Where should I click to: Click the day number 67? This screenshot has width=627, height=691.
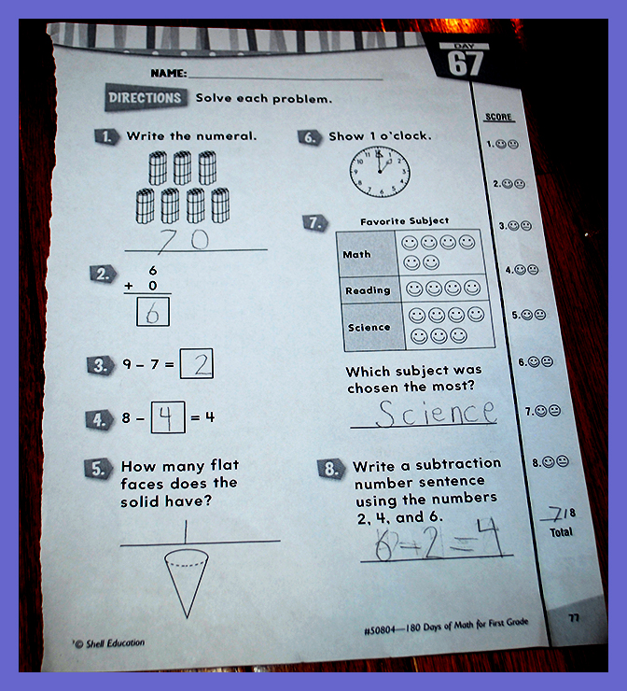coord(466,63)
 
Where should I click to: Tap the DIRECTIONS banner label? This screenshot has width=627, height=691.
coord(146,97)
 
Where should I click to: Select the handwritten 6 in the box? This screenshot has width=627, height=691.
coord(152,313)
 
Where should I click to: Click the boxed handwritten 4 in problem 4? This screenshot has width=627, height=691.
coord(166,417)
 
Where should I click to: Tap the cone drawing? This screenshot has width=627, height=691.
coord(187,583)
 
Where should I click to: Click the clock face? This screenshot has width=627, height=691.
coord(380,172)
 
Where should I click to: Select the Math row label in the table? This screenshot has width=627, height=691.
coord(356,254)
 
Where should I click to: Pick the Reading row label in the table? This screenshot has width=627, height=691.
coord(368,290)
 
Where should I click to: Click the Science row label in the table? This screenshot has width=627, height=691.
coord(369,328)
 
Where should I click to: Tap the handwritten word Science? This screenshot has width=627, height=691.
coord(436,414)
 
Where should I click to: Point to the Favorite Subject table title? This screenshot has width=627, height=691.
coord(404,220)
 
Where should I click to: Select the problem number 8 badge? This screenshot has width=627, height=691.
coord(331,469)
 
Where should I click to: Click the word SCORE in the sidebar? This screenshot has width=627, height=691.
coord(498,117)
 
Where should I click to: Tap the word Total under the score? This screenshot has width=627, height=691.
coord(561,532)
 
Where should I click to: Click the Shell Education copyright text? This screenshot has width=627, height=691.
coord(109,643)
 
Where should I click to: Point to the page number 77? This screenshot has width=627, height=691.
coord(574,618)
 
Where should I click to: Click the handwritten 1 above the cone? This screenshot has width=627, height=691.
coord(186,531)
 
